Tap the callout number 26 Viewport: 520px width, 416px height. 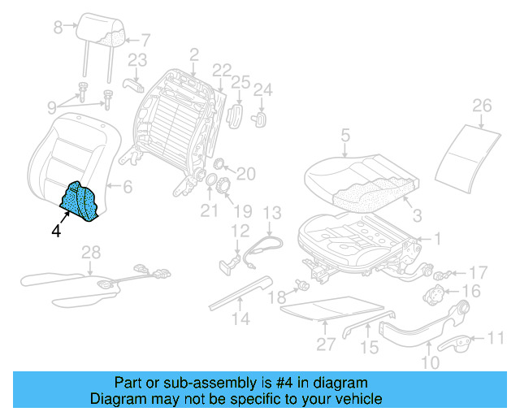[x=482, y=106]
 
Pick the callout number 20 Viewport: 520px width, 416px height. [x=246, y=172]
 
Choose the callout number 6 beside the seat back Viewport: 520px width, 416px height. [x=127, y=187]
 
